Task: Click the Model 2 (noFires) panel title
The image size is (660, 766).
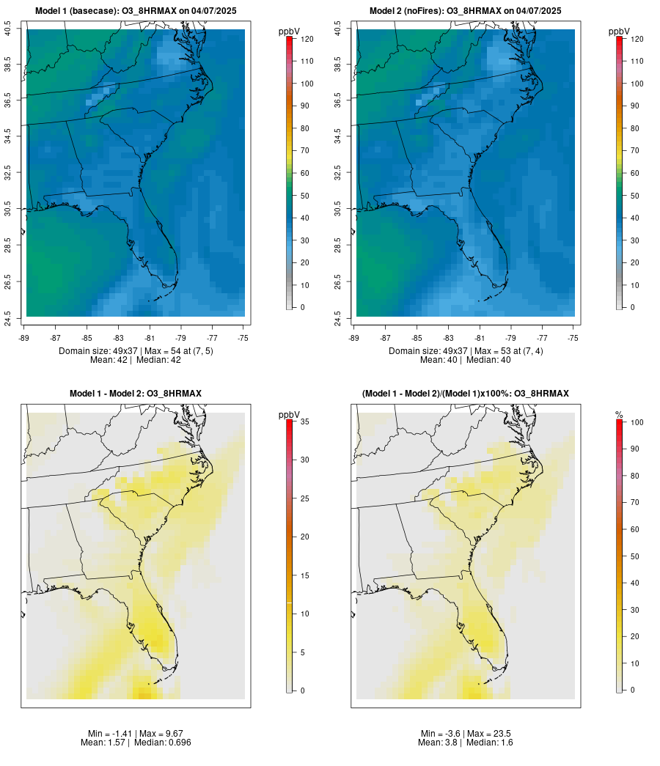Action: (465, 10)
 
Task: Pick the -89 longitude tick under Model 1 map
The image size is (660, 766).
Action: (26, 338)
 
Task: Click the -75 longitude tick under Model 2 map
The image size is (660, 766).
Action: (573, 338)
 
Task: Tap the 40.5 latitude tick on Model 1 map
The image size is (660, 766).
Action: (8, 30)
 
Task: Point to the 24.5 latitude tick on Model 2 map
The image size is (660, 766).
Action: (338, 317)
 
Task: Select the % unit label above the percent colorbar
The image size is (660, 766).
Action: (619, 415)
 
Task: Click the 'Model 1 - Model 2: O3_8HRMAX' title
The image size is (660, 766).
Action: (135, 394)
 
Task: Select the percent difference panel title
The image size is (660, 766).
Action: (465, 394)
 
